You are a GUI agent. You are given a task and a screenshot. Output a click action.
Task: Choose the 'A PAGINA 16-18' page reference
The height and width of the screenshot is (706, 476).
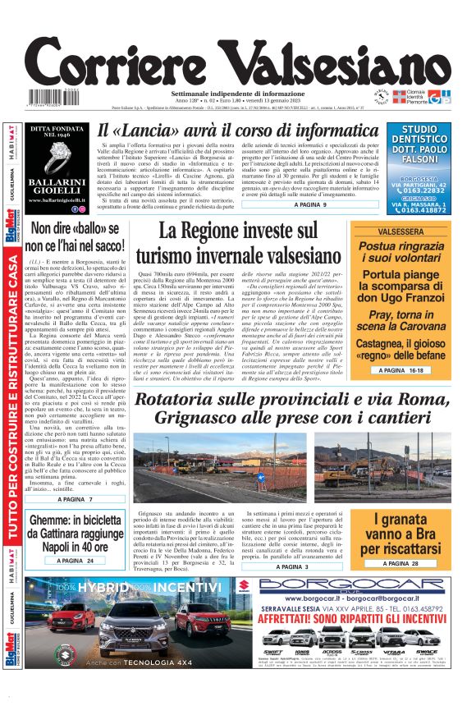[401, 371]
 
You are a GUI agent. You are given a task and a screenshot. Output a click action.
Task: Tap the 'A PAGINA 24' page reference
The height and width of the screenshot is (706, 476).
[70, 560]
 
